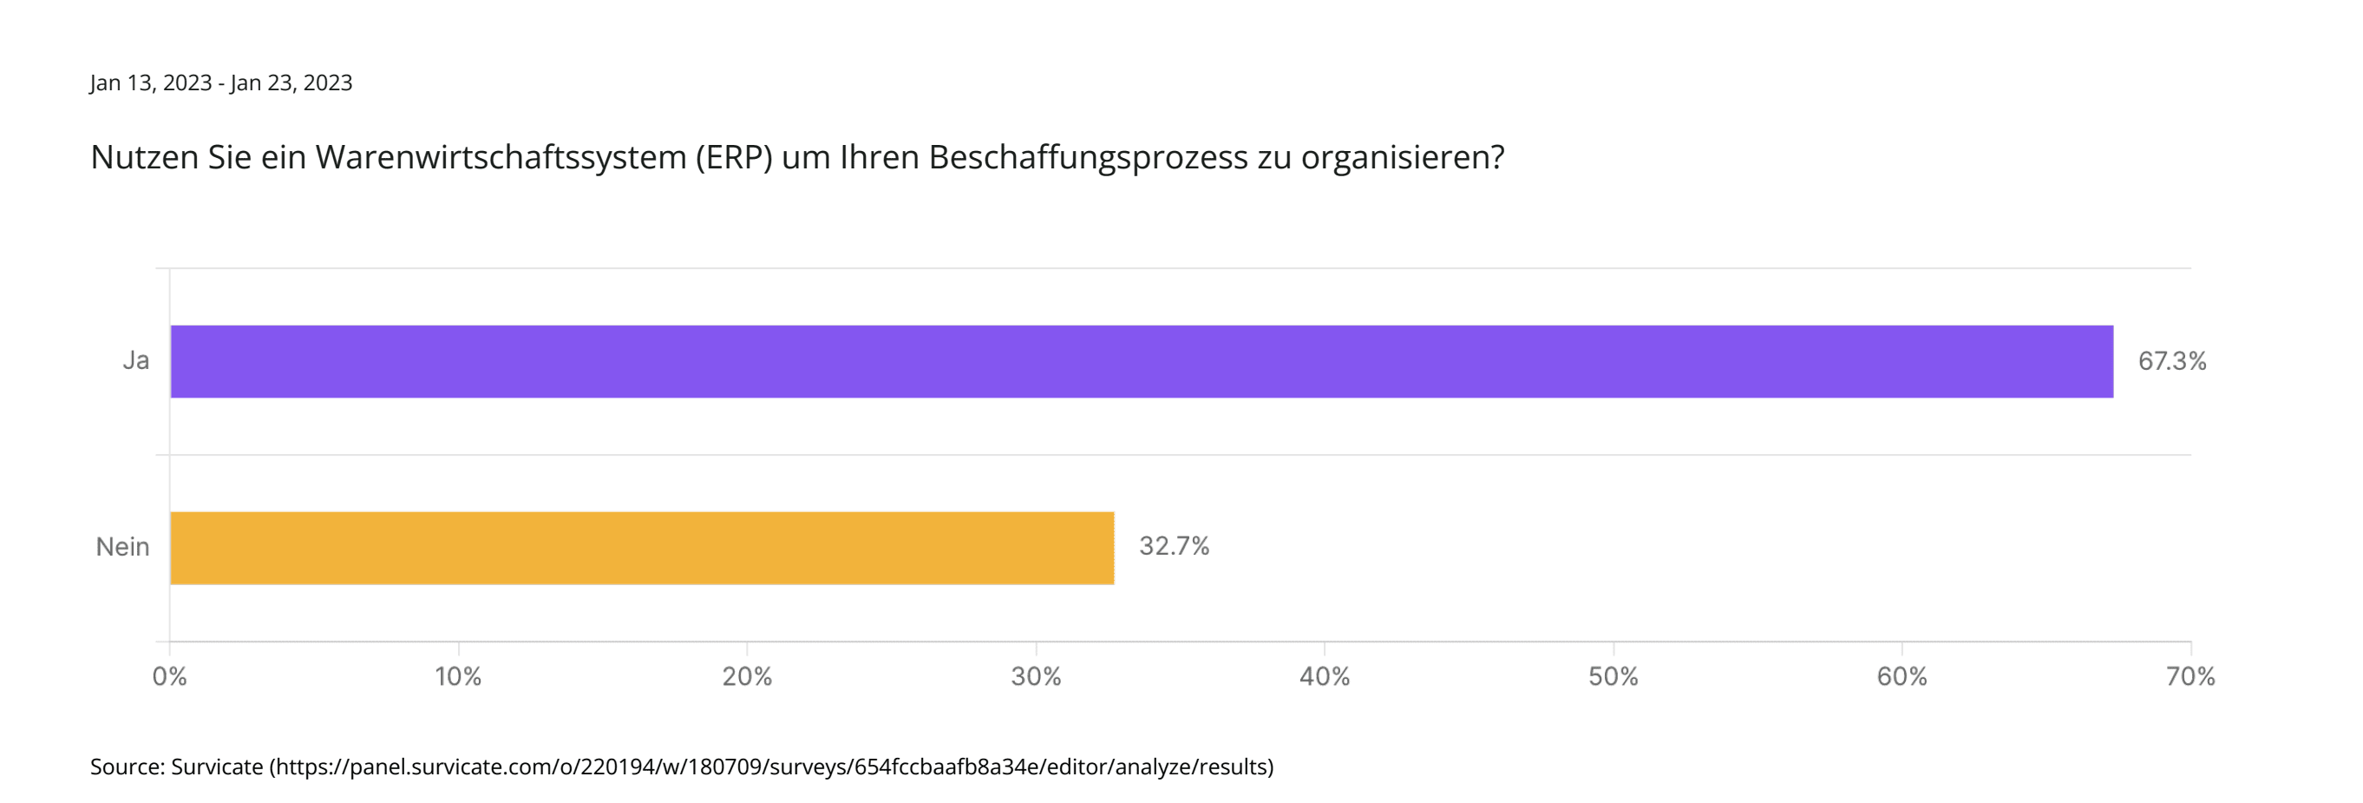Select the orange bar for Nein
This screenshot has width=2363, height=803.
click(x=642, y=548)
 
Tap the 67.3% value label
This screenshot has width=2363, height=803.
click(x=2171, y=360)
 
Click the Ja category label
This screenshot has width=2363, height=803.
click(x=136, y=360)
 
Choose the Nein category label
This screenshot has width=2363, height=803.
click(x=122, y=547)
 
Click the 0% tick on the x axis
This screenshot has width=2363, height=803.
click(x=170, y=677)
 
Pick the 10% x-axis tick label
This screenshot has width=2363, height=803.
click(x=458, y=677)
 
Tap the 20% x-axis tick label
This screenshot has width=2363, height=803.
click(x=747, y=677)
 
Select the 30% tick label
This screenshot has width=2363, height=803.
click(x=1036, y=677)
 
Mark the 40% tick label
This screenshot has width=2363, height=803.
click(x=1324, y=677)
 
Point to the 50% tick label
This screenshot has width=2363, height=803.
click(x=1613, y=677)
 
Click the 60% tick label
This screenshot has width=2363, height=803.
click(x=1902, y=677)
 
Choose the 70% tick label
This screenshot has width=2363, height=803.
click(x=2190, y=677)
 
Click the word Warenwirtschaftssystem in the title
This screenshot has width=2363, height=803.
click(x=501, y=158)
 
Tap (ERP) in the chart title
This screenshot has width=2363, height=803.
click(x=734, y=158)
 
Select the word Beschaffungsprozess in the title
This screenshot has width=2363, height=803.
click(x=1088, y=158)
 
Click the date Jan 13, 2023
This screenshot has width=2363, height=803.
click(x=150, y=83)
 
